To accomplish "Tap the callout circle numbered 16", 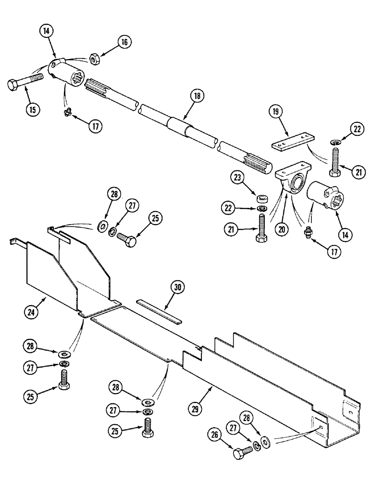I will tap(124, 42).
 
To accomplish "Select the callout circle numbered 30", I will tap(178, 287).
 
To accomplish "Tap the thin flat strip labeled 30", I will tap(158, 310).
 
